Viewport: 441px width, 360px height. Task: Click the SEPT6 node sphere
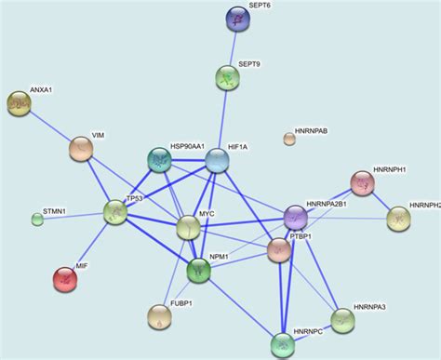(239, 18)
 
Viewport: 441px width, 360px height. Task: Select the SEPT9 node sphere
(228, 78)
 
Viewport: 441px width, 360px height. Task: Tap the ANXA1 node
(19, 103)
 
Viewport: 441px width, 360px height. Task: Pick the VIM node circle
(81, 149)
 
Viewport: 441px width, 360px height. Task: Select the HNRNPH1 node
(363, 182)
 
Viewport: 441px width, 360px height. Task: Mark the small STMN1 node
(37, 220)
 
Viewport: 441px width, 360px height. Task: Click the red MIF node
(65, 278)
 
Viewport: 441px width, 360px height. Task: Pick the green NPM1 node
(199, 271)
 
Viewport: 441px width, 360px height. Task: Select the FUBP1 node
(160, 317)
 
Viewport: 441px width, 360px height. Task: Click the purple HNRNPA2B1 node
(296, 218)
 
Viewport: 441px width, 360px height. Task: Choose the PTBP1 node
(279, 249)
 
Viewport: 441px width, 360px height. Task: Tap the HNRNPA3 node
(343, 321)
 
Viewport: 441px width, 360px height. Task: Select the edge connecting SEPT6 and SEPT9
(234, 47)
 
